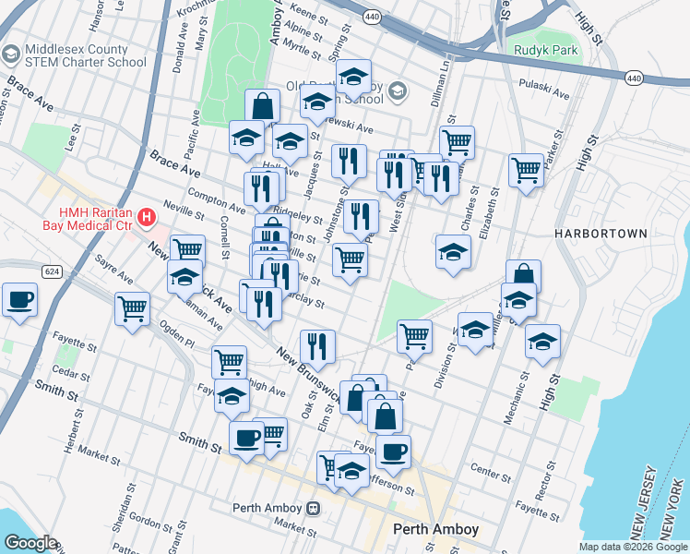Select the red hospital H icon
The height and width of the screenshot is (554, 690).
pos(146,219)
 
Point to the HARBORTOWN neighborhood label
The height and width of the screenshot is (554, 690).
pos(601,235)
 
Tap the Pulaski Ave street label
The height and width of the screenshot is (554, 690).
pos(551,91)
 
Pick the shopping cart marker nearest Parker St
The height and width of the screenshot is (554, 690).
pos(526,169)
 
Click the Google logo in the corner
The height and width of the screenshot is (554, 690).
pos(30,543)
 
